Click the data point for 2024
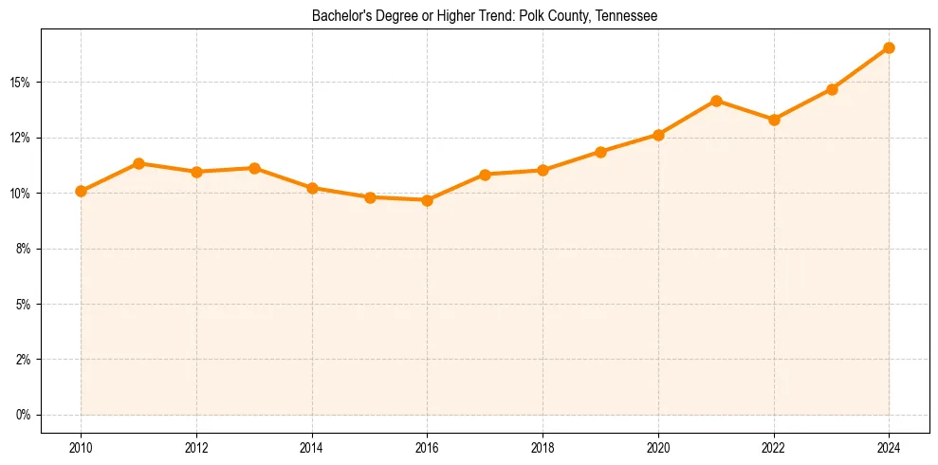pos(889,47)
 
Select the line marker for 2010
pos(81,191)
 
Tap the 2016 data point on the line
pos(427,200)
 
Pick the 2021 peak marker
pos(716,101)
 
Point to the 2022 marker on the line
pos(774,120)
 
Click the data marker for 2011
pos(138,163)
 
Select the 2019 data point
pos(600,152)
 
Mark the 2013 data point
pos(254,168)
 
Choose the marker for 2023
pos(832,89)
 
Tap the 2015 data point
pos(370,197)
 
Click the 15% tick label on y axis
pos(20,83)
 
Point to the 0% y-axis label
pos(23,415)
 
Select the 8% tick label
pos(23,249)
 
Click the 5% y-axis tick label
pos(23,305)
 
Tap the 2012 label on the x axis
pos(196,447)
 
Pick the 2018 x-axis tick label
pos(543,447)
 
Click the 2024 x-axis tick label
pos(889,447)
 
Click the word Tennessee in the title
pos(627,16)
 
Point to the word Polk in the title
pos(533,16)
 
